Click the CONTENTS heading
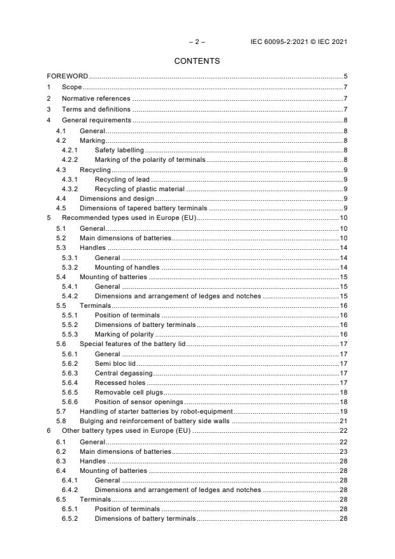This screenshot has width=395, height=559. coord(197,61)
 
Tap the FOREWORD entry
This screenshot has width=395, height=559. coord(68,76)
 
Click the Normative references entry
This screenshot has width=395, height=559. coord(96,99)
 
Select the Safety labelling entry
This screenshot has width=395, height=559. coord(119,149)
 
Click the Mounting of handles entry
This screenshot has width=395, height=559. coord(127,268)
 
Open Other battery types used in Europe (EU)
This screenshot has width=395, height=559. coord(127,432)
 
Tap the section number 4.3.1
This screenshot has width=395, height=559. coord(70,179)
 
